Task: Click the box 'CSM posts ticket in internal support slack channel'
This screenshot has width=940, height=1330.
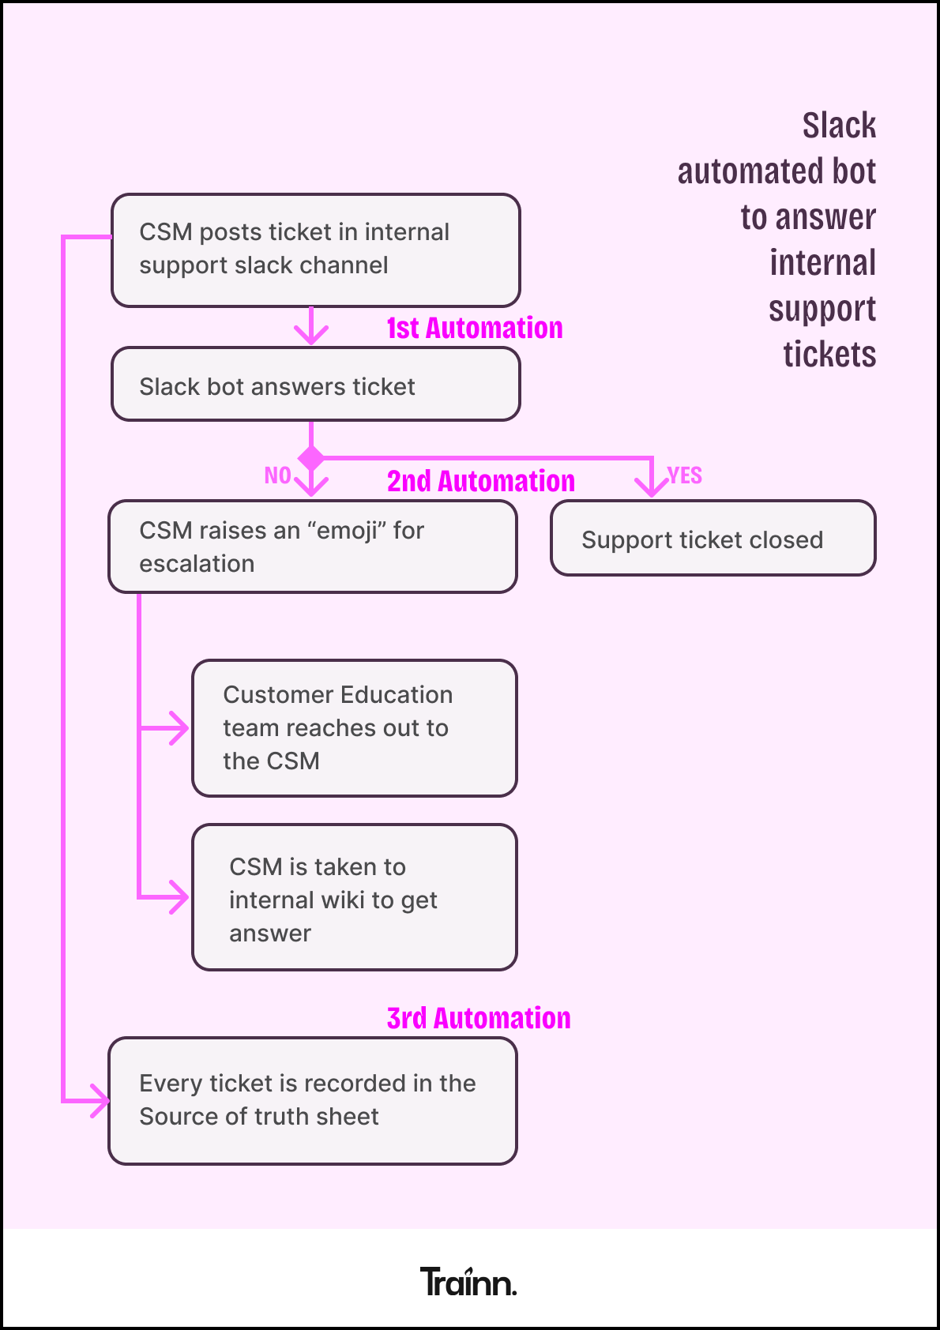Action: pos(316,250)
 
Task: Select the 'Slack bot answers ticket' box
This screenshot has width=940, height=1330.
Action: pos(316,385)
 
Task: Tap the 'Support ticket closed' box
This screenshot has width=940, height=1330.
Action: pos(713,538)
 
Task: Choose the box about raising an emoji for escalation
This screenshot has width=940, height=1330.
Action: pos(313,547)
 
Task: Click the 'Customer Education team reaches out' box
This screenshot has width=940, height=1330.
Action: pos(355,727)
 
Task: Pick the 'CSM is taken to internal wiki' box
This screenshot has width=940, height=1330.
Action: pos(355,897)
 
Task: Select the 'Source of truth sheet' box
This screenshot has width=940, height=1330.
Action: pos(313,1100)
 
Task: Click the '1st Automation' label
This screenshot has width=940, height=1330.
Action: pos(475,328)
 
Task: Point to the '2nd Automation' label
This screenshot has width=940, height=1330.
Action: pos(480,481)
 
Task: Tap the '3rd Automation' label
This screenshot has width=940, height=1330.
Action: pos(479,1018)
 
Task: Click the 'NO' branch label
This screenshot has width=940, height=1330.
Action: pos(277,475)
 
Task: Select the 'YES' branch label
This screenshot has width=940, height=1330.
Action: pos(685,475)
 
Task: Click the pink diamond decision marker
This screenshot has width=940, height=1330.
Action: pos(311,457)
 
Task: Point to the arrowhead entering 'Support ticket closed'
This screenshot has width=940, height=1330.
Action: pos(652,487)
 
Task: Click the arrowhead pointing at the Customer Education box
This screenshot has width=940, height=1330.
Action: pos(180,727)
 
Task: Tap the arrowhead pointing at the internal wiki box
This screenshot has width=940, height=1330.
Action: pos(180,897)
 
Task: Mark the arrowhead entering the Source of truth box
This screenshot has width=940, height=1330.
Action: pos(100,1100)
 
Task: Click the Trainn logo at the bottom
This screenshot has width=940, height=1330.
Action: pos(468,1281)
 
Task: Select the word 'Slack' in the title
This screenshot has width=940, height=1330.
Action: pos(839,126)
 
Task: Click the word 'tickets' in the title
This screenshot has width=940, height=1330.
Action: pos(829,355)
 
